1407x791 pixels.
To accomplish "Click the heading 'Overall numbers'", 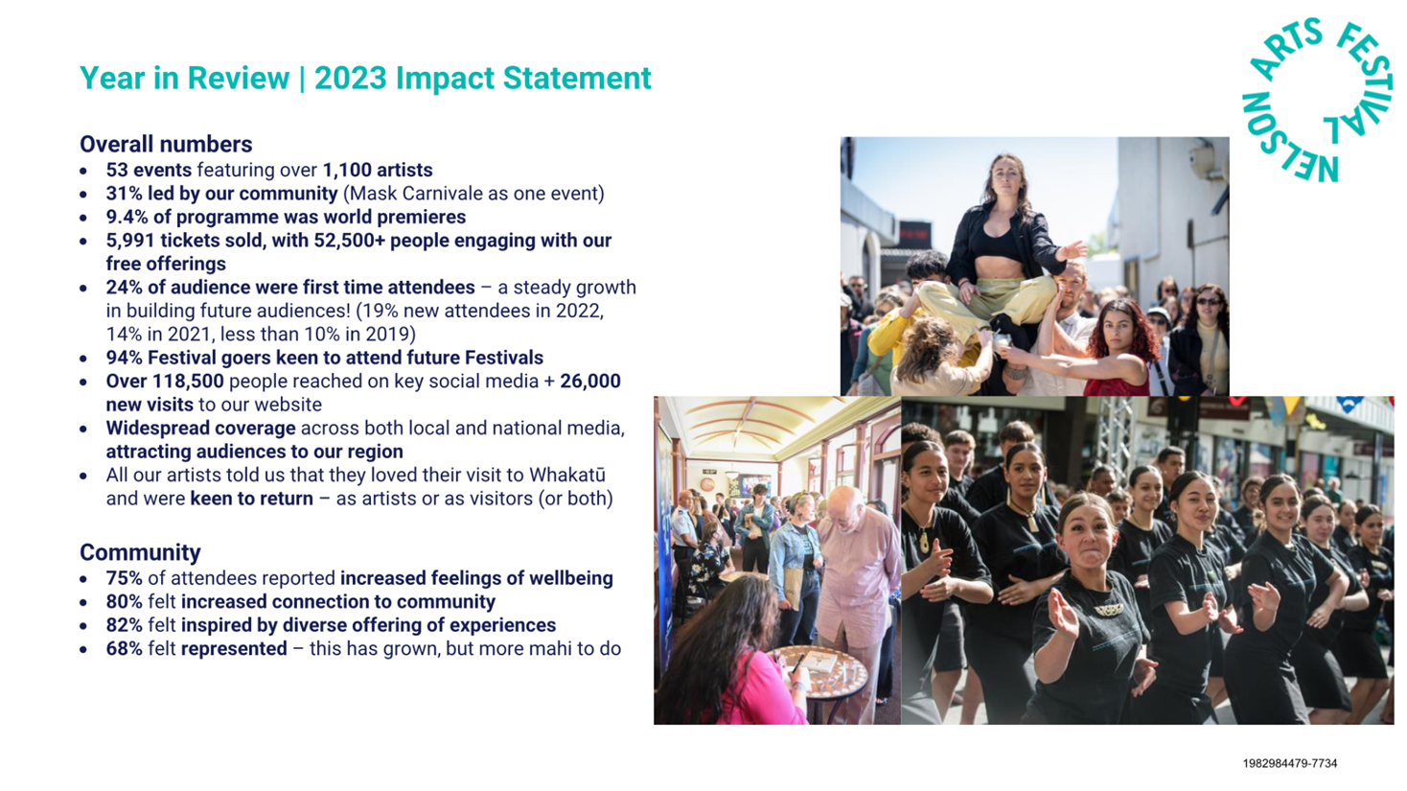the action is (166, 145).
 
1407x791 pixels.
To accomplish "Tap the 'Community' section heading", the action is (140, 552).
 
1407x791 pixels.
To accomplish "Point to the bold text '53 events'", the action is (149, 171).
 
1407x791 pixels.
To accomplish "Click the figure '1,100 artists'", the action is (378, 171).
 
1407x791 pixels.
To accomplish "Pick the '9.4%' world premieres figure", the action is (127, 217).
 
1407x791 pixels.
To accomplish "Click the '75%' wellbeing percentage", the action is (125, 578).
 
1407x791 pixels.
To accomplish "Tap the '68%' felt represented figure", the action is (125, 648).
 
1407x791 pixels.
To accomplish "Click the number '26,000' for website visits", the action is (589, 382).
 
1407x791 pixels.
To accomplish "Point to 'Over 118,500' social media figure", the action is (165, 382).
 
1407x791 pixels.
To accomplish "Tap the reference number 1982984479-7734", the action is (1289, 763).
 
